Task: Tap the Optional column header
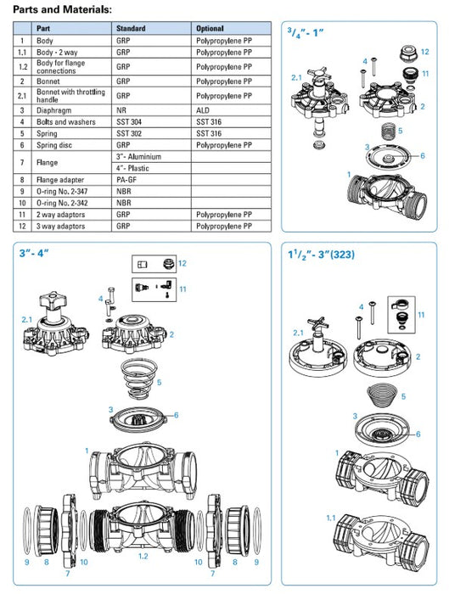pyautogui.click(x=210, y=28)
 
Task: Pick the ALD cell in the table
pyautogui.click(x=202, y=110)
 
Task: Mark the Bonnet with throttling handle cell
pyautogui.click(x=68, y=95)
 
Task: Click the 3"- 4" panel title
pyautogui.click(x=35, y=254)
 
